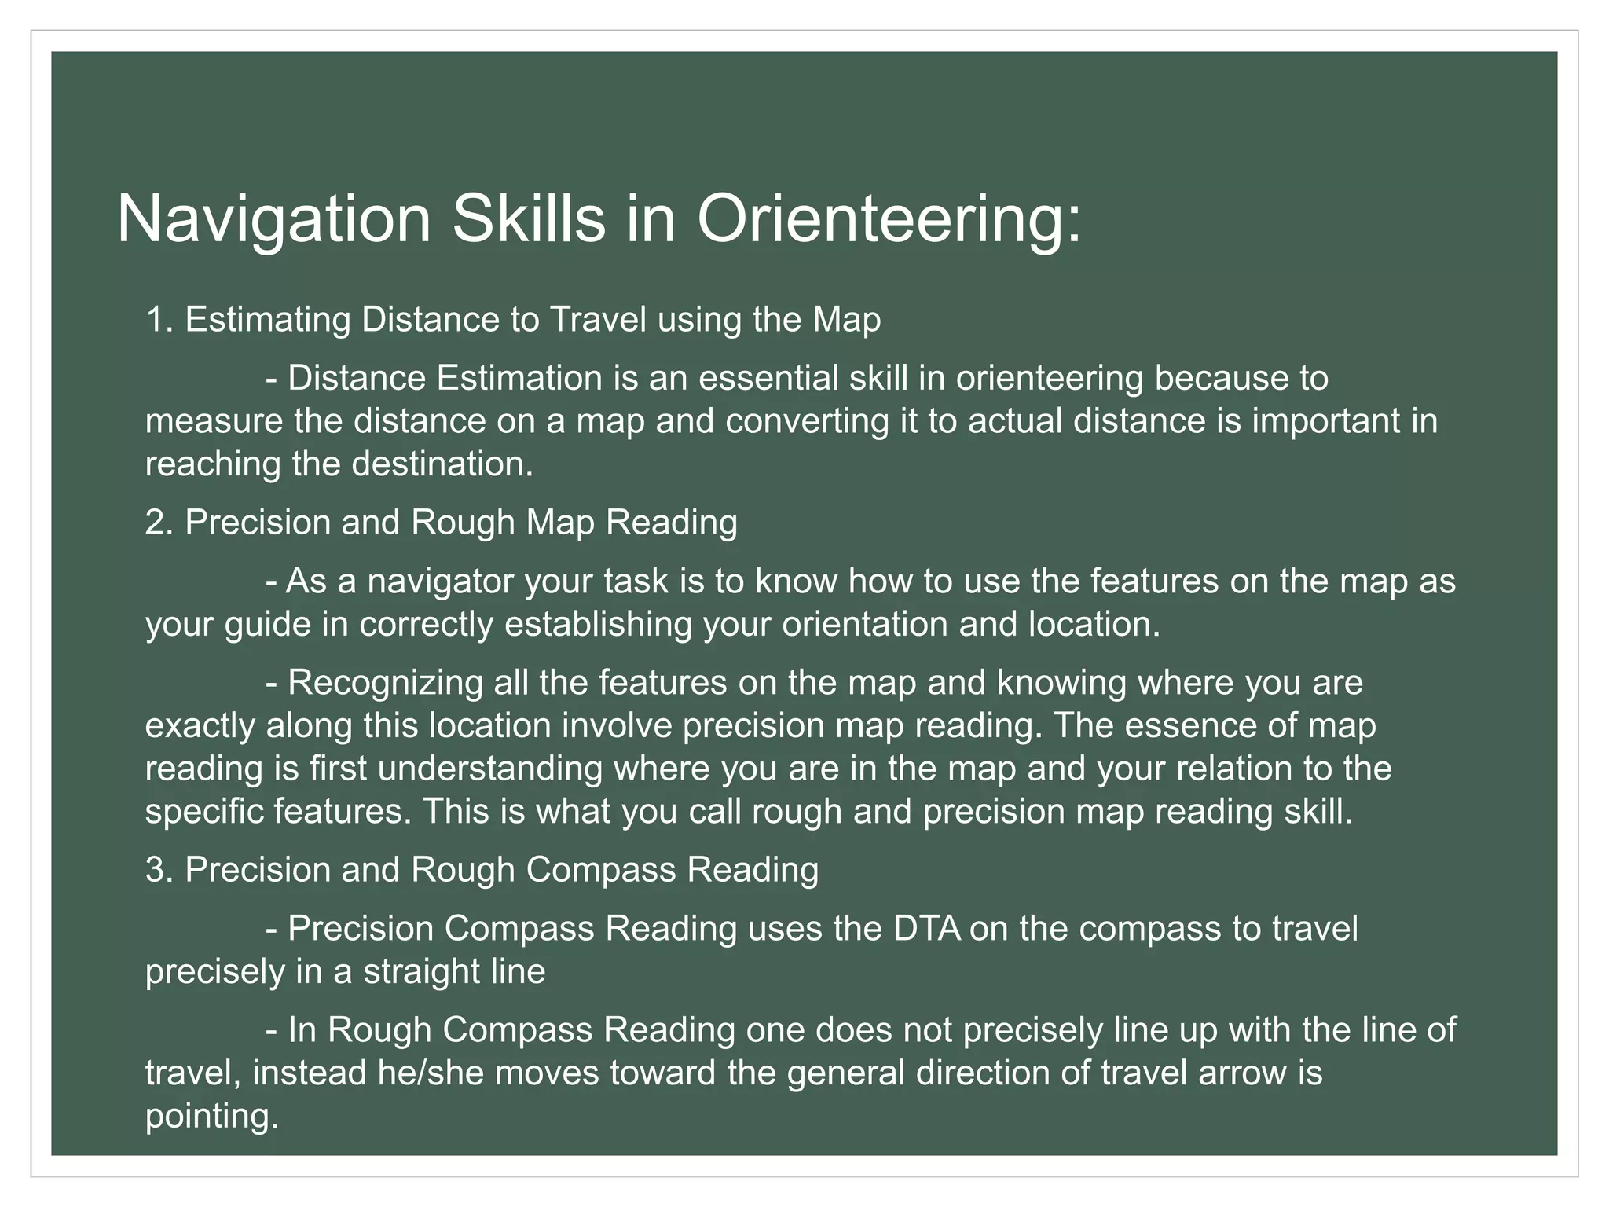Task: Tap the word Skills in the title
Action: point(528,219)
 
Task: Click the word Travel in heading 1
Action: point(598,320)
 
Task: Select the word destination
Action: point(442,464)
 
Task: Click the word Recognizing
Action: point(385,682)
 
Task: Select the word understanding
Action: point(489,769)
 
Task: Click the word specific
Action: point(203,811)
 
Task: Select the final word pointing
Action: point(212,1117)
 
